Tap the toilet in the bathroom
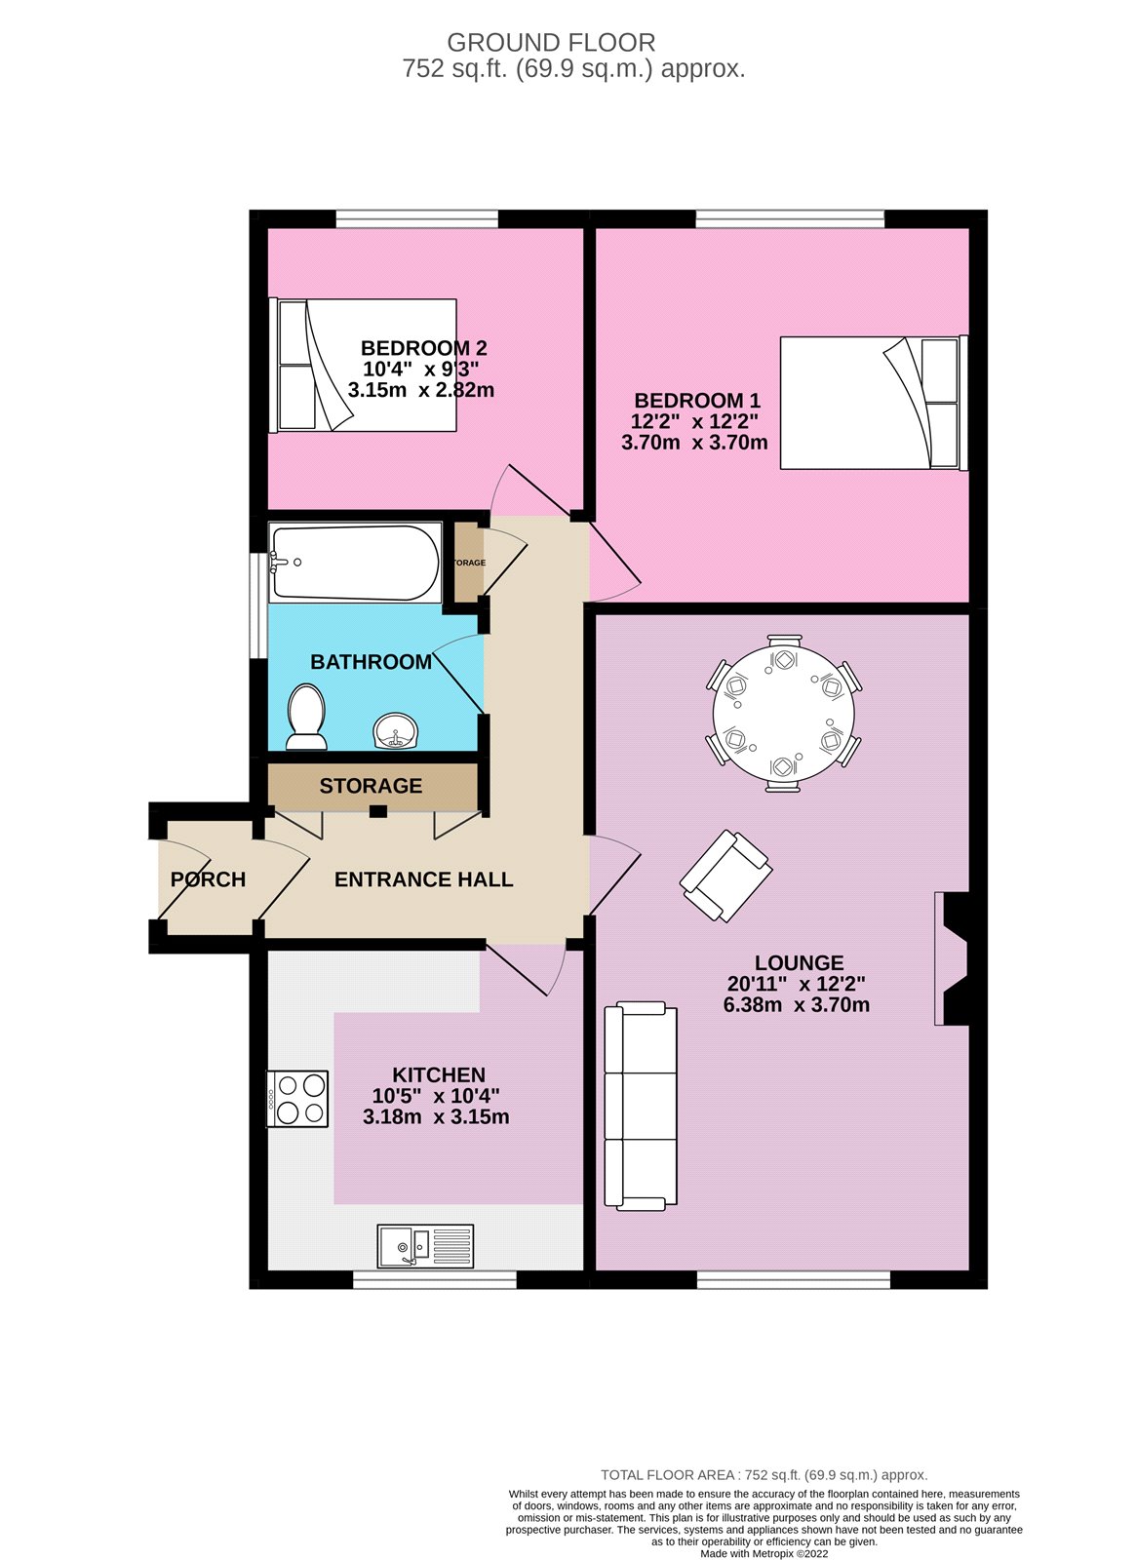pyautogui.click(x=306, y=718)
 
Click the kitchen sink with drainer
pyautogui.click(x=425, y=1245)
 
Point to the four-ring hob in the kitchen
pyautogui.click(x=297, y=1099)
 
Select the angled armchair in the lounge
pyautogui.click(x=725, y=876)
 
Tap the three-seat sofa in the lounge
pyautogui.click(x=641, y=1106)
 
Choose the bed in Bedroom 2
pyautogui.click(x=363, y=365)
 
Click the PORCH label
pyautogui.click(x=208, y=879)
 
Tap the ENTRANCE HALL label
pyautogui.click(x=423, y=879)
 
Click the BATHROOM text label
pyautogui.click(x=371, y=662)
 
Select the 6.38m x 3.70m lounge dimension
pyautogui.click(x=796, y=1005)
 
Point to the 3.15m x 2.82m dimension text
pyautogui.click(x=421, y=390)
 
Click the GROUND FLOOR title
pyautogui.click(x=551, y=43)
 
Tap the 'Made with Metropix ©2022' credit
pyautogui.click(x=764, y=1553)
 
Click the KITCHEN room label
pyautogui.click(x=439, y=1074)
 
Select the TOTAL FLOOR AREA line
pyautogui.click(x=764, y=1475)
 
